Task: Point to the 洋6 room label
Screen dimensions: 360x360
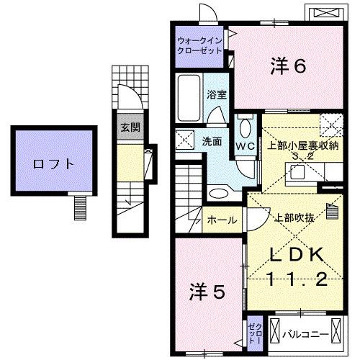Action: pos(289,66)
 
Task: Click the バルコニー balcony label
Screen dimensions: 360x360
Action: pos(305,334)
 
